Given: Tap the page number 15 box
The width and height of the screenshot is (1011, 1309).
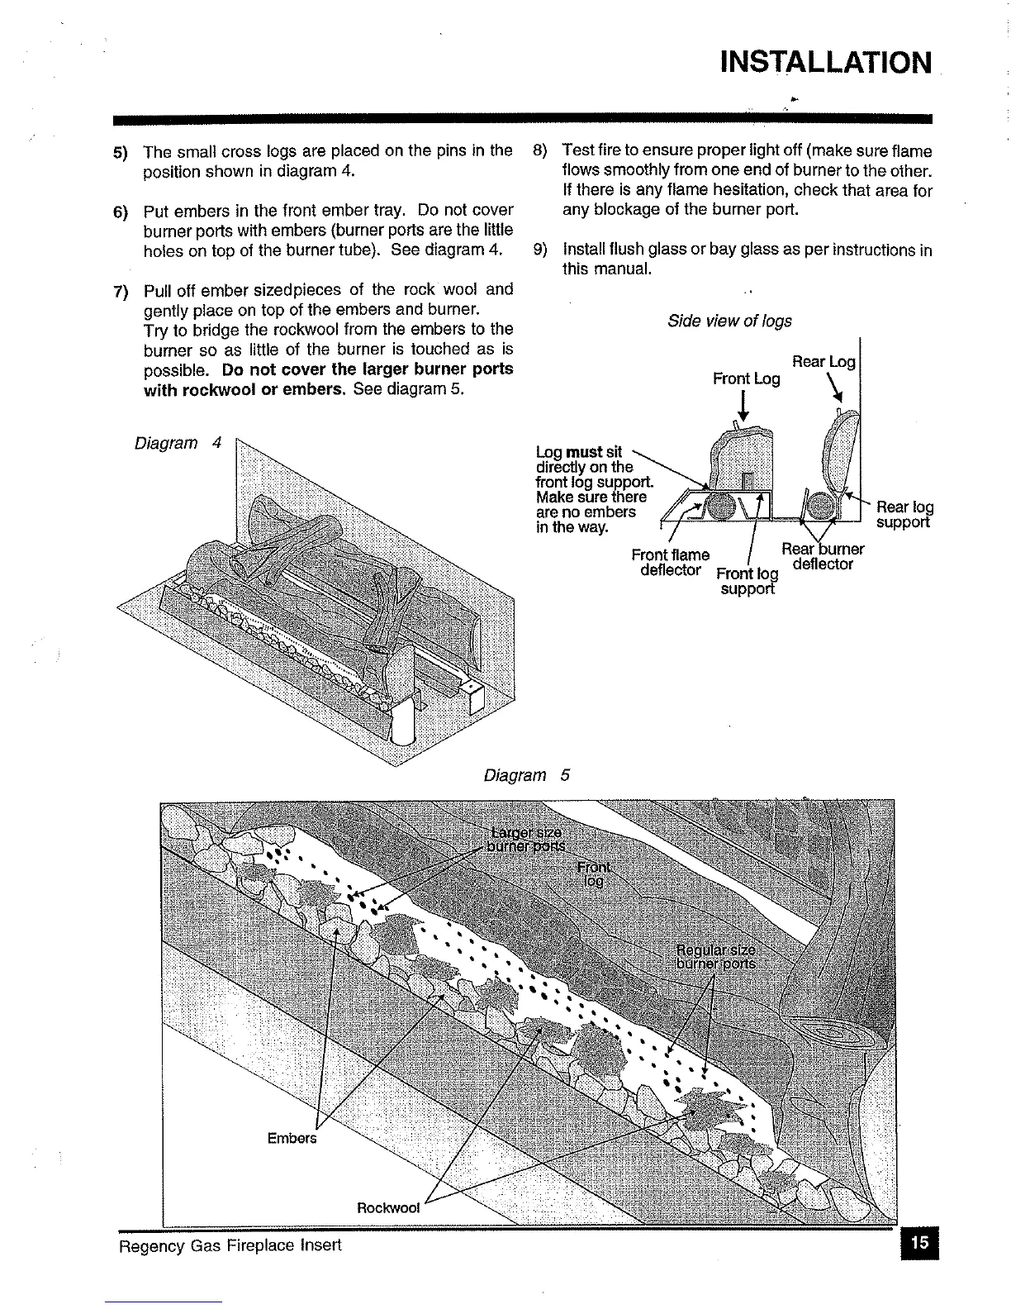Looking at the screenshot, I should (x=920, y=1242).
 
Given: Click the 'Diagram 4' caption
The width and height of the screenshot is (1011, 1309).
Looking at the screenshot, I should (x=178, y=443).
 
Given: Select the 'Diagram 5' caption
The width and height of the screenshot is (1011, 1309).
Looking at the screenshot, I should (x=526, y=775).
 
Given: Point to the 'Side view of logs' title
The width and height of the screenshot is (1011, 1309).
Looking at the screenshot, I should (x=729, y=321).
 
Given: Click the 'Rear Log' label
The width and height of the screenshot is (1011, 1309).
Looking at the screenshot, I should (x=824, y=361).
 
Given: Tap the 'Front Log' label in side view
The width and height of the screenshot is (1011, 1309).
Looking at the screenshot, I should (x=746, y=378).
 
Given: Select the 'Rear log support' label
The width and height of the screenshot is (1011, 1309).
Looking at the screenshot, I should (x=904, y=514).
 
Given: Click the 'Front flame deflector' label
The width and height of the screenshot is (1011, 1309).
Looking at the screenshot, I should (x=670, y=563).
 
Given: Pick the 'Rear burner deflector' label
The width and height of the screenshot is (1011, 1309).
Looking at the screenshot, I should (x=822, y=556).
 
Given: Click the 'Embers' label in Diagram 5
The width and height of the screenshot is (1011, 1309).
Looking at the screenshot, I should (x=292, y=1138).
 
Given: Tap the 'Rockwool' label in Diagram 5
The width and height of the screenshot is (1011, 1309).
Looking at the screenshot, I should (x=388, y=1207).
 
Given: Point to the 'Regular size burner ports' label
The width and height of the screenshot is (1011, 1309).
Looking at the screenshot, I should (x=715, y=955).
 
